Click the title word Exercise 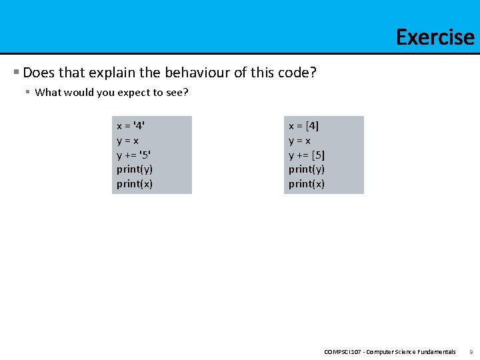pyautogui.click(x=435, y=37)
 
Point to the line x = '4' pyautogui.click(x=131, y=125)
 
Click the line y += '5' pyautogui.click(x=133, y=155)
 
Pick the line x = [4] pyautogui.click(x=304, y=125)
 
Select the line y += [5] pyautogui.click(x=307, y=155)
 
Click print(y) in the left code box pyautogui.click(x=135, y=169)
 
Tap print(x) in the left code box pyautogui.click(x=135, y=184)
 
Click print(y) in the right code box pyautogui.click(x=307, y=169)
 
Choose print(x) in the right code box pyautogui.click(x=307, y=184)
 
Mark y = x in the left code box pyautogui.click(x=128, y=140)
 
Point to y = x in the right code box pyautogui.click(x=300, y=140)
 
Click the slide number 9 pyautogui.click(x=471, y=351)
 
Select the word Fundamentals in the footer pyautogui.click(x=435, y=351)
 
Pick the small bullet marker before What pyautogui.click(x=28, y=92)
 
